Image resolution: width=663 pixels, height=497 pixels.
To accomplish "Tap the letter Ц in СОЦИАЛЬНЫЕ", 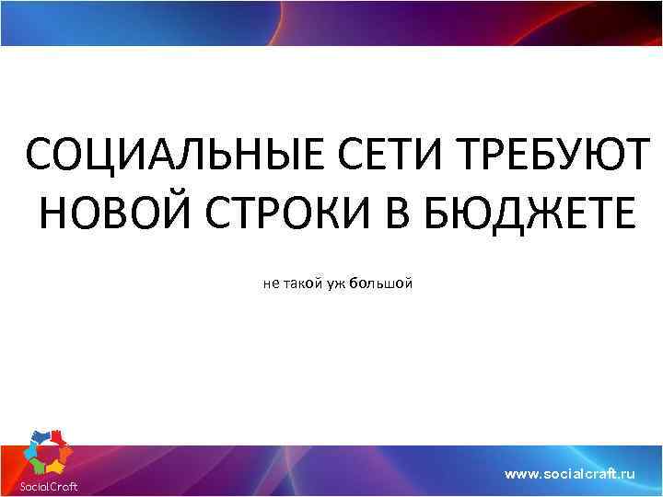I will pyautogui.click(x=108, y=154).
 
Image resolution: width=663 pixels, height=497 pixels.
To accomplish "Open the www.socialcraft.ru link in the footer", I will pyautogui.click(x=571, y=473).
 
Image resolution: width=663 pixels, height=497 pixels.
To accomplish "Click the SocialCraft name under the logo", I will pyautogui.click(x=49, y=486).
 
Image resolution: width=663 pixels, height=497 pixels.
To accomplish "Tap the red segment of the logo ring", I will pyautogui.click(x=57, y=438).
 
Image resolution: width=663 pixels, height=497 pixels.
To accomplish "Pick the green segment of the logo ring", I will pyautogui.click(x=38, y=466).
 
